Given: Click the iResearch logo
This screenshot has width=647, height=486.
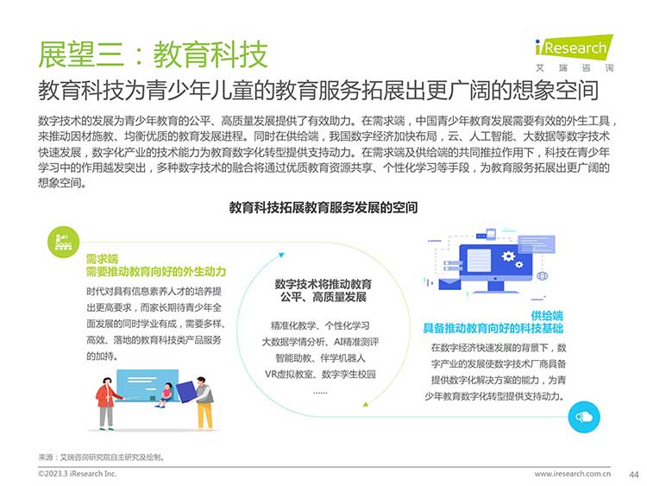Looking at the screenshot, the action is click(574, 54).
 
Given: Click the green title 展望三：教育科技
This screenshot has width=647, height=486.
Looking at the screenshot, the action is click(153, 54).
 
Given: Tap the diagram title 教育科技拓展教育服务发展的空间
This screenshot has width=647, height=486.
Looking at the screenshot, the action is click(323, 207).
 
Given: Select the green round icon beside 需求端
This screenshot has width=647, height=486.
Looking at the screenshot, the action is click(63, 242).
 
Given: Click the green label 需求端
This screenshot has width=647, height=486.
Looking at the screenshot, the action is click(102, 259).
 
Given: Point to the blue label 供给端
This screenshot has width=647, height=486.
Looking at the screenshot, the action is click(547, 316).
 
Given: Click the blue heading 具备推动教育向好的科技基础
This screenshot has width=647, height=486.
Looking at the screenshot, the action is click(493, 329).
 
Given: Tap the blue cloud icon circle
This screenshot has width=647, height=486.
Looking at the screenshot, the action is click(584, 417).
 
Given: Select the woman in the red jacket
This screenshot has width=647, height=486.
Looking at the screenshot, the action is click(106, 403).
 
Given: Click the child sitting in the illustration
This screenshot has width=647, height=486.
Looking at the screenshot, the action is click(165, 394).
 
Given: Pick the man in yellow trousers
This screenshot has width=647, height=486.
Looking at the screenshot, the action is click(203, 403).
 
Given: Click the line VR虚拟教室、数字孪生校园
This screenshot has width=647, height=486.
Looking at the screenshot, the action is click(320, 375).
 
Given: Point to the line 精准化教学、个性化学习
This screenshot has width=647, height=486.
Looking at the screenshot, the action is click(320, 325).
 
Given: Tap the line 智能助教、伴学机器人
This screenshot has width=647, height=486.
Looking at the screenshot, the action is click(320, 358).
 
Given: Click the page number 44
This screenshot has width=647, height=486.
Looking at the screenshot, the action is click(634, 475).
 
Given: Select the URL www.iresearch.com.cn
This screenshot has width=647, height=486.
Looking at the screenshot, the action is click(572, 474).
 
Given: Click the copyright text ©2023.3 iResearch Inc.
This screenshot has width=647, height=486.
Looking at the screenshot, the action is click(77, 474).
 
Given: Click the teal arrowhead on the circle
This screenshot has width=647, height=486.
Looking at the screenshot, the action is click(281, 256).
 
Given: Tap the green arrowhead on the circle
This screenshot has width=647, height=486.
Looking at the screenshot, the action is click(365, 404).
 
